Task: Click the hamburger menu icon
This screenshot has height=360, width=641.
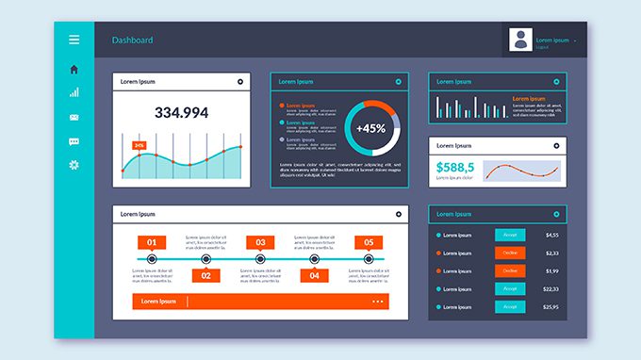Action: [74, 40]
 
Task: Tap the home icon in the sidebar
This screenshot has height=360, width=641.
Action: [74, 69]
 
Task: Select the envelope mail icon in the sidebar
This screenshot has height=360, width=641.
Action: [74, 117]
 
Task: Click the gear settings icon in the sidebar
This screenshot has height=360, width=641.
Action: [74, 165]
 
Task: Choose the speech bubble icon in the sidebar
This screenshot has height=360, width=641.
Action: [74, 141]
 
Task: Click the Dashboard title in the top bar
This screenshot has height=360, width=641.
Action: [132, 41]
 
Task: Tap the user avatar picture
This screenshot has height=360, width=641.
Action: [520, 40]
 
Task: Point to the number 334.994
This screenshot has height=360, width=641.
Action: [181, 112]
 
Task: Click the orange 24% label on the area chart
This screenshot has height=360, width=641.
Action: [140, 145]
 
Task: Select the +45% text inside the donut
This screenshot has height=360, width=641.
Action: [370, 128]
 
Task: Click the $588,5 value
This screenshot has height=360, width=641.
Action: [455, 169]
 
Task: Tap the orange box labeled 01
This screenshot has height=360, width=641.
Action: [152, 242]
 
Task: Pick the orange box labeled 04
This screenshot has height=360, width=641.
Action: [315, 275]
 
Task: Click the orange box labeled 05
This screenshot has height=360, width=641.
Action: [369, 242]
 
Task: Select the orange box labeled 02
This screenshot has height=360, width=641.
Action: [206, 275]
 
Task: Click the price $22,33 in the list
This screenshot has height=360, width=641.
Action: [551, 289]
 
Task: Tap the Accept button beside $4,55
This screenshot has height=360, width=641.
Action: [510, 235]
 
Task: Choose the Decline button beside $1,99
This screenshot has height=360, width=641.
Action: [510, 270]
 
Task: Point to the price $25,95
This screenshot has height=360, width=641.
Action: [551, 307]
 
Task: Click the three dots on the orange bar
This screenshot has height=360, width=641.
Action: [378, 302]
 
